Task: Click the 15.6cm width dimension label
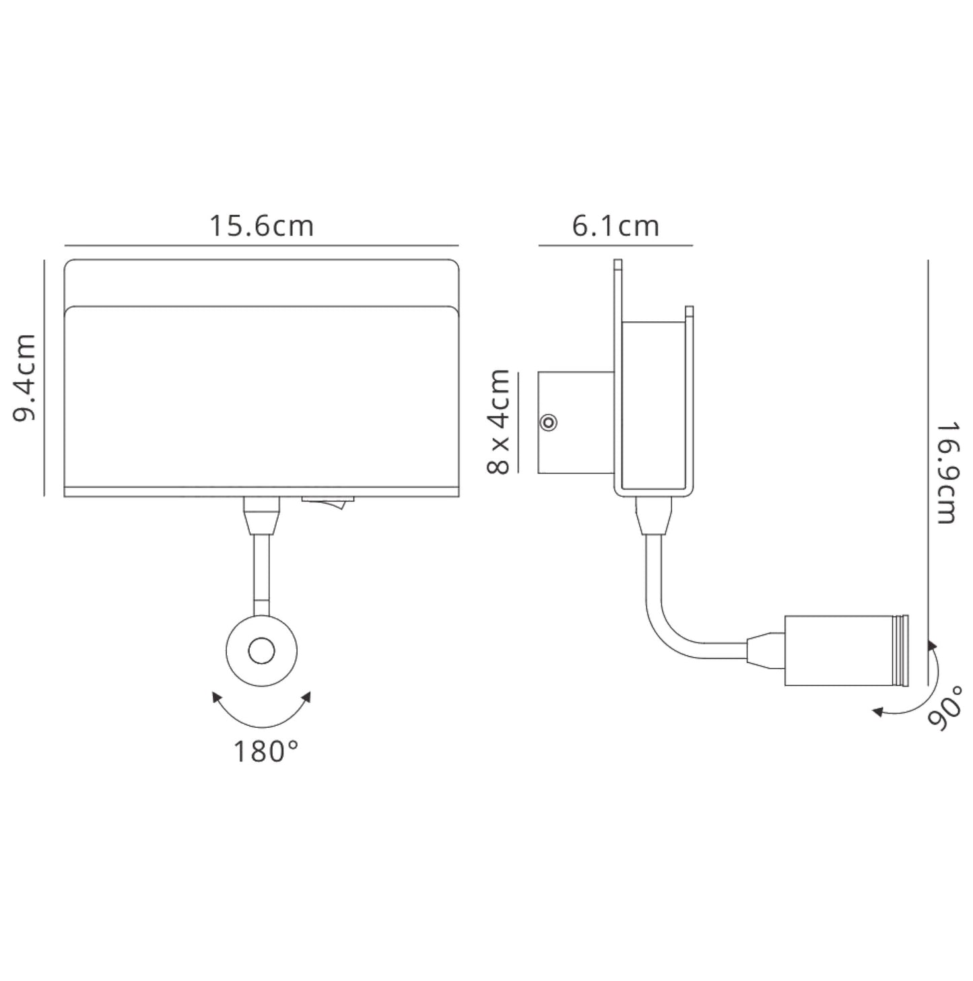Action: [x=261, y=226]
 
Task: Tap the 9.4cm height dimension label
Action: [x=24, y=377]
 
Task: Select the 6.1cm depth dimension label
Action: [x=615, y=226]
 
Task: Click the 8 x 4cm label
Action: [x=498, y=421]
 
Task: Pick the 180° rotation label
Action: [x=266, y=751]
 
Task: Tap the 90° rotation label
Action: [x=945, y=709]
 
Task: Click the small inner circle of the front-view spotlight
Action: [x=261, y=651]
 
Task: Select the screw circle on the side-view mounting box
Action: [x=548, y=423]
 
